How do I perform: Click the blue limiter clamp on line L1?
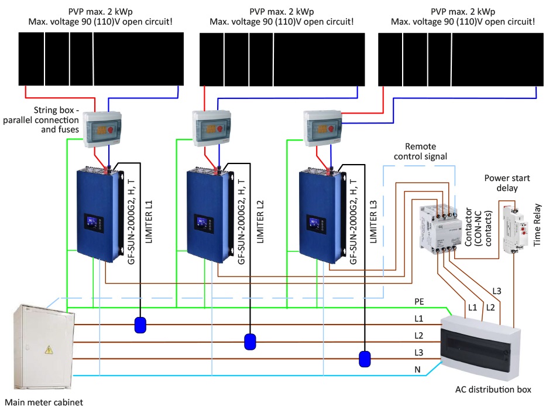click(x=140, y=325)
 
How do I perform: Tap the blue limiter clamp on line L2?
click(x=250, y=341)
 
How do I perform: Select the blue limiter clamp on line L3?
click(x=365, y=358)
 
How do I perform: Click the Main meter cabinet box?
click(x=44, y=349)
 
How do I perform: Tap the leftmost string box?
click(x=103, y=128)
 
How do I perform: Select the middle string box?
click(x=212, y=128)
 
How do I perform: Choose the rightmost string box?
click(x=324, y=127)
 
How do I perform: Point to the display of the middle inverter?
click(x=203, y=224)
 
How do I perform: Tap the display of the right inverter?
click(x=315, y=224)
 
